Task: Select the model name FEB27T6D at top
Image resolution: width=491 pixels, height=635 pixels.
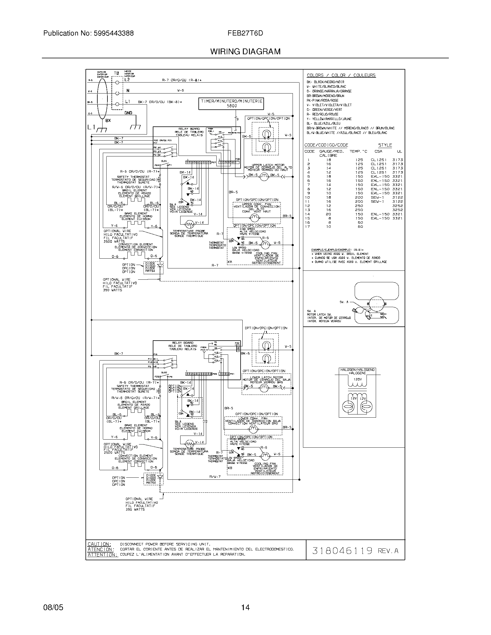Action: click(245, 33)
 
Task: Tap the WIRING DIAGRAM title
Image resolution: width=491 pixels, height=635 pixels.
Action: click(245, 51)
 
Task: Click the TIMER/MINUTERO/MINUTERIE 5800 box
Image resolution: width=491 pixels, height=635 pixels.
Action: click(232, 104)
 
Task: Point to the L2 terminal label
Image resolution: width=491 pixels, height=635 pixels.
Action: click(127, 80)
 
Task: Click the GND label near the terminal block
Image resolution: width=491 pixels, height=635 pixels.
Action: click(128, 113)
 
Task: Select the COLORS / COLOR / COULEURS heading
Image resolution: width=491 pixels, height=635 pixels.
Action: click(341, 75)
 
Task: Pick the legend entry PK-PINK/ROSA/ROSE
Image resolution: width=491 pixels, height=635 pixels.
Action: click(322, 100)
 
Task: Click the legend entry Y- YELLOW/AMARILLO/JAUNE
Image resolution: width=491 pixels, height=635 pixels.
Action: click(329, 119)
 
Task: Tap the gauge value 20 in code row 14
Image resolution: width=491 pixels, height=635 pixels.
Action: click(328, 214)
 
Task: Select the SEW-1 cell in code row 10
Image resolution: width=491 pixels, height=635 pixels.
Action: click(377, 197)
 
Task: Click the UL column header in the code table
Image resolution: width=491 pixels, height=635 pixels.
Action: click(400, 152)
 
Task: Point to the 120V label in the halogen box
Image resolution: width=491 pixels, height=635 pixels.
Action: click(358, 380)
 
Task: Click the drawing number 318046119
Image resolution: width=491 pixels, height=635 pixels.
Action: click(342, 551)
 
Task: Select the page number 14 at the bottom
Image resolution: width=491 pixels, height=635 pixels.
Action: click(245, 607)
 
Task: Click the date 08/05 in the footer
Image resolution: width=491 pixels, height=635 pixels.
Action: click(53, 607)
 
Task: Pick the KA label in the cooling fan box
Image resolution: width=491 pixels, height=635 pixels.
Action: click(230, 262)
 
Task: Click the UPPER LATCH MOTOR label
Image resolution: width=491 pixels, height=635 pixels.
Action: click(264, 165)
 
